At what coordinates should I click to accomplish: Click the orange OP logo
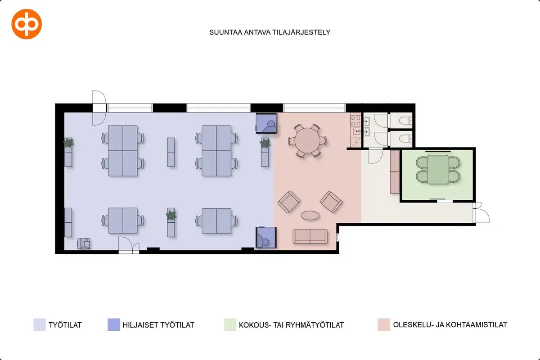click(x=27, y=24)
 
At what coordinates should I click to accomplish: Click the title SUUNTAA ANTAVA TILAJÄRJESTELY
click(x=270, y=32)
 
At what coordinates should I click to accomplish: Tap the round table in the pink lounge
click(x=307, y=140)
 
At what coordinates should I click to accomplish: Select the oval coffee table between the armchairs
click(x=310, y=215)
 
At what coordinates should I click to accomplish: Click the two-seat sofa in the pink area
click(x=310, y=236)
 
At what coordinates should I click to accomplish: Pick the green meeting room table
click(x=438, y=170)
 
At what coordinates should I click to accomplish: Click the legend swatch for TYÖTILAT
click(x=40, y=324)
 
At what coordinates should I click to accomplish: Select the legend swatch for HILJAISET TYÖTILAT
click(x=114, y=324)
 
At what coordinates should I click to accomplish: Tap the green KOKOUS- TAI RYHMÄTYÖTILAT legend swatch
click(x=230, y=324)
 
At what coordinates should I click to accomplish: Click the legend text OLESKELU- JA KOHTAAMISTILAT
click(x=450, y=325)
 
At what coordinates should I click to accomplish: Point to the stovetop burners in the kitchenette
click(x=355, y=121)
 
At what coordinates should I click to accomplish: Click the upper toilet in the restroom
click(x=405, y=120)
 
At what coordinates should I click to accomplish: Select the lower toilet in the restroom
click(x=405, y=139)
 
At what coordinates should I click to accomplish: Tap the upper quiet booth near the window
click(x=266, y=123)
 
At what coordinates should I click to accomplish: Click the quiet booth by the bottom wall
click(x=266, y=237)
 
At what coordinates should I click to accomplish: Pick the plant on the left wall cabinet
click(x=69, y=143)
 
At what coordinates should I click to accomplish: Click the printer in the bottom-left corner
click(x=83, y=243)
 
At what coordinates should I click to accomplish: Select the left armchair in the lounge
click(x=288, y=202)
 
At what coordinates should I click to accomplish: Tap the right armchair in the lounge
click(x=331, y=202)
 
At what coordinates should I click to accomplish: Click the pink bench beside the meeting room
click(x=395, y=172)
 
